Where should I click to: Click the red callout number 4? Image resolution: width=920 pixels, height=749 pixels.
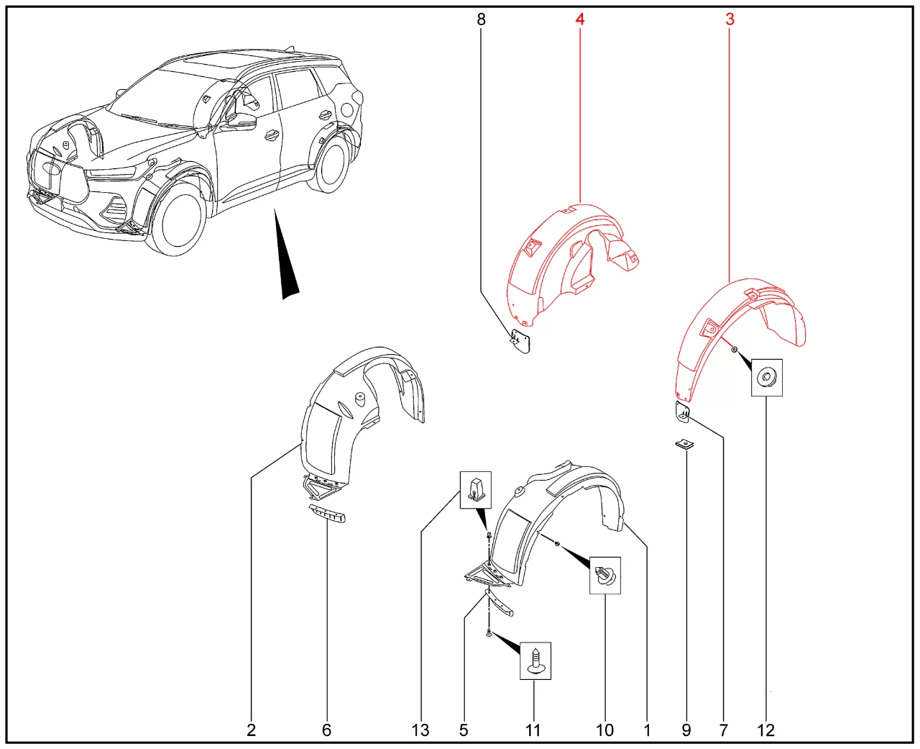pyautogui.click(x=579, y=19)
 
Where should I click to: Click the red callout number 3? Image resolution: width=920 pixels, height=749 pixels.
pyautogui.click(x=730, y=19)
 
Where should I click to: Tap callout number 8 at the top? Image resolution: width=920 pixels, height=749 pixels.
pyautogui.click(x=481, y=19)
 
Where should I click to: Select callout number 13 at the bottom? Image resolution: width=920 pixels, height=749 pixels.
pyautogui.click(x=420, y=730)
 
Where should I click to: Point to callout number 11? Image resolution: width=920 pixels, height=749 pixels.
pyautogui.click(x=533, y=730)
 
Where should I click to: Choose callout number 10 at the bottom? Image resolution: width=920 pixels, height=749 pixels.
pyautogui.click(x=604, y=730)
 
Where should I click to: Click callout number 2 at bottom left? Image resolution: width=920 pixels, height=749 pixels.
pyautogui.click(x=251, y=730)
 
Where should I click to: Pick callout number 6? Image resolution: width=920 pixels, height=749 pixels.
pyautogui.click(x=326, y=730)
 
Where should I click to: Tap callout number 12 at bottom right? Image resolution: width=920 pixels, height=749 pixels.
pyautogui.click(x=766, y=730)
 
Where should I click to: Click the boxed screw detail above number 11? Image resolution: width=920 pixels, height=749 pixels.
pyautogui.click(x=535, y=661)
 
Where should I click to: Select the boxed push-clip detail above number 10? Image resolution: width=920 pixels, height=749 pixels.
pyautogui.click(x=605, y=575)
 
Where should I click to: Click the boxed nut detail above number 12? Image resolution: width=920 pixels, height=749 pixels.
pyautogui.click(x=767, y=378)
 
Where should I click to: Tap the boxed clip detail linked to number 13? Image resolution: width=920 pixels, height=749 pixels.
pyautogui.click(x=476, y=490)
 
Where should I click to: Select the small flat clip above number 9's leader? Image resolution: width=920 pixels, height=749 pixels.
pyautogui.click(x=684, y=445)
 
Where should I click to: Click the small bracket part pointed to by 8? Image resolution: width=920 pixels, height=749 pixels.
pyautogui.click(x=521, y=341)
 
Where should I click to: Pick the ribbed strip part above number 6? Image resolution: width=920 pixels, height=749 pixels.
pyautogui.click(x=327, y=513)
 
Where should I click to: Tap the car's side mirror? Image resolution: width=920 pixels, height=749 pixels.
pyautogui.click(x=241, y=122)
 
